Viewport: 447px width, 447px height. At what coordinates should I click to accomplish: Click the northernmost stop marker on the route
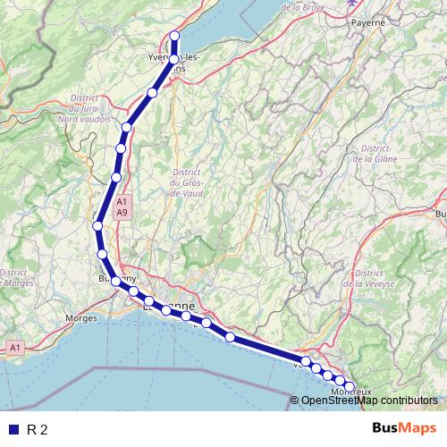174,37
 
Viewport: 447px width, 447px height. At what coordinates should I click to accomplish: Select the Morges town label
81,317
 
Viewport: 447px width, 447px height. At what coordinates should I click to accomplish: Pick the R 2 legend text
38,429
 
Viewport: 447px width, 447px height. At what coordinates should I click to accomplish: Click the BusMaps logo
405,428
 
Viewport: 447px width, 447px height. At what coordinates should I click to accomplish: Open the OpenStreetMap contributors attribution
368,401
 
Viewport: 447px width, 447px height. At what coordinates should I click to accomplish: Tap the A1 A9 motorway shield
122,208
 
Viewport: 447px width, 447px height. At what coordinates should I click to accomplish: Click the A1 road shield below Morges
14,346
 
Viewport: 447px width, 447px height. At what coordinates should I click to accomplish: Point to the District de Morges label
16,277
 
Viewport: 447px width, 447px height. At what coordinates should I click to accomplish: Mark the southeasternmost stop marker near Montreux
350,387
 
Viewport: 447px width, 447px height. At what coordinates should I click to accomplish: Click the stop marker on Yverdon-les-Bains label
174,60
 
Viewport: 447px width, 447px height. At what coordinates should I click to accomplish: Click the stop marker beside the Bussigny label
115,281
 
